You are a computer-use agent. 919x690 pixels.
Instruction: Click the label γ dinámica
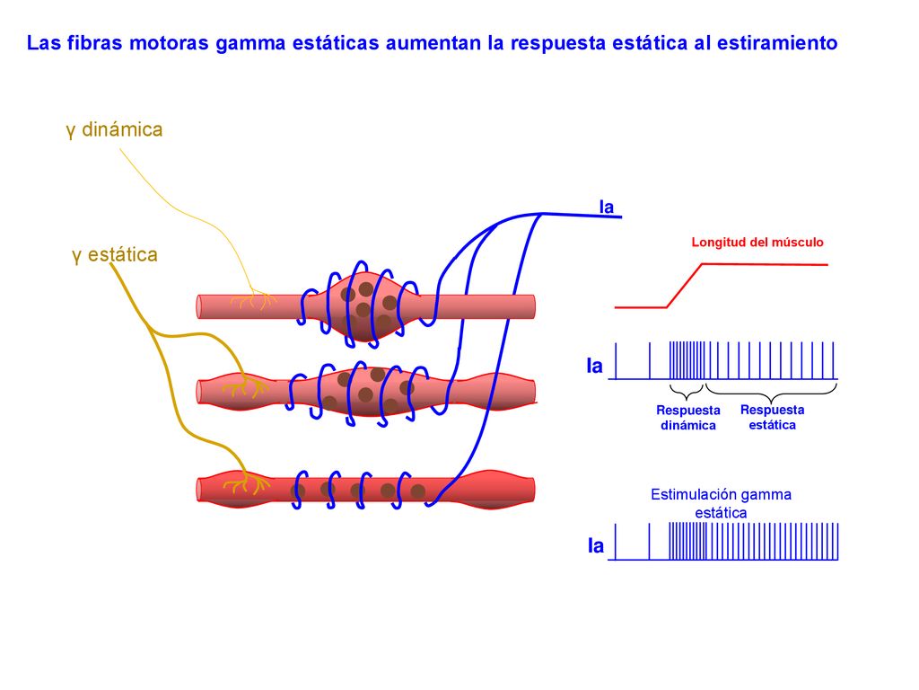pos(114,129)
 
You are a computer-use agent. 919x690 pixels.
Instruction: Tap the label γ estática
pos(114,255)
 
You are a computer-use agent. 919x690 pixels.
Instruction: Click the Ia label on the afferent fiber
pos(606,208)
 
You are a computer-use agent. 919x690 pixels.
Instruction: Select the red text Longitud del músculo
pos(757,243)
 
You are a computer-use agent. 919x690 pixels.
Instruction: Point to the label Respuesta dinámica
pos(688,418)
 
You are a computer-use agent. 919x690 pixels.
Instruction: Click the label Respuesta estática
pos(772,417)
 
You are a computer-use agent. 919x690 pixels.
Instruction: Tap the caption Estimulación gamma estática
pos(721,503)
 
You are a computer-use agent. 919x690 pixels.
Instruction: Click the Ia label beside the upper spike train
pos(594,367)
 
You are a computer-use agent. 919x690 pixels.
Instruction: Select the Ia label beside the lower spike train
pos(596,546)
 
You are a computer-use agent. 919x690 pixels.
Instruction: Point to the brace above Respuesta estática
pos(771,394)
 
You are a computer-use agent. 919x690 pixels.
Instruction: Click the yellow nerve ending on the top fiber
pos(253,301)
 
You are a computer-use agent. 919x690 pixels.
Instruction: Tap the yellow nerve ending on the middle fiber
pos(244,388)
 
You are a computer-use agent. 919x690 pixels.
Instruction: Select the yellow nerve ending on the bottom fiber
pos(246,483)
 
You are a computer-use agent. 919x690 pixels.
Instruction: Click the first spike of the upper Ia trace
pos(616,361)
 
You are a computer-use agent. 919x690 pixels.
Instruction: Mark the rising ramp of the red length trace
pos(685,286)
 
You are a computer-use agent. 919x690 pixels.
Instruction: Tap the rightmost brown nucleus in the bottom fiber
pos(418,491)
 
